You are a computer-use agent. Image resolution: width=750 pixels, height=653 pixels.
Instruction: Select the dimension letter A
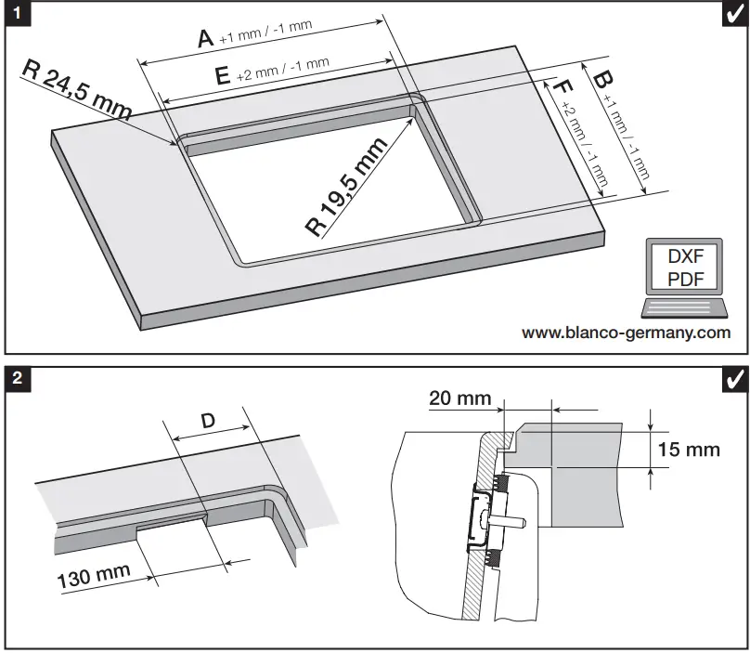206,37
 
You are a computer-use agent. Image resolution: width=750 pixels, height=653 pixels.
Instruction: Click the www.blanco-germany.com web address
626,333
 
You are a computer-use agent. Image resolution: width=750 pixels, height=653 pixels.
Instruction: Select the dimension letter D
208,421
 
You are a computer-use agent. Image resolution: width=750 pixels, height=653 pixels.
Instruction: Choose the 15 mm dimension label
689,450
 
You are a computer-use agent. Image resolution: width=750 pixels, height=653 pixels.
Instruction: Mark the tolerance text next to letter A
265,33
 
